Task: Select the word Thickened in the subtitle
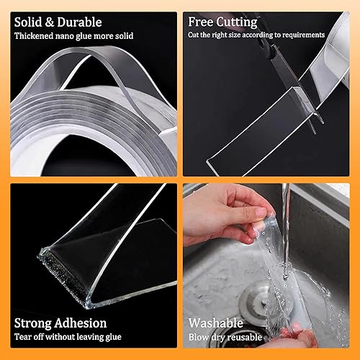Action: pyautogui.click(x=34, y=35)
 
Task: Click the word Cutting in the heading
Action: pyautogui.click(x=240, y=22)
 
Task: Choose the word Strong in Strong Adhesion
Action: pyautogui.click(x=35, y=323)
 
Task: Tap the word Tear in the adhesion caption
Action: pyautogui.click(x=22, y=336)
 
